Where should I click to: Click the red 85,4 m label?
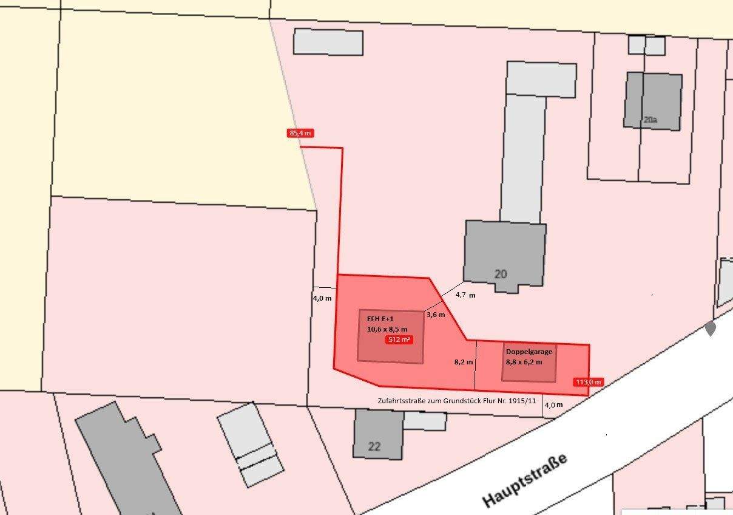[300, 133]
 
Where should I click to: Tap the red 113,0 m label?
[588, 382]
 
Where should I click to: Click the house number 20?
[501, 274]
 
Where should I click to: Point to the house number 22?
[374, 447]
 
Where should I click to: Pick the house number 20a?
[650, 120]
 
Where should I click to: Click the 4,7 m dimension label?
[465, 295]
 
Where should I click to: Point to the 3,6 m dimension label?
[436, 315]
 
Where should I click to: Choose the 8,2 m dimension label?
[464, 361]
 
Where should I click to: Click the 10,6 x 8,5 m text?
[387, 329]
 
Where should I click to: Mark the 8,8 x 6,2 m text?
[524, 362]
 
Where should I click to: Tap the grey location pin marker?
[711, 329]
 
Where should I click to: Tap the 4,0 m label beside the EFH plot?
[322, 298]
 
